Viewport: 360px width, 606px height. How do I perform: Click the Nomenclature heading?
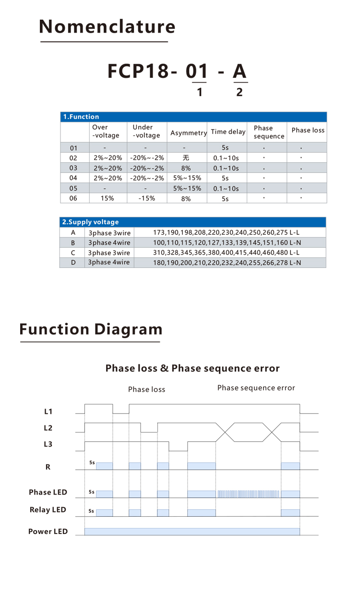107,27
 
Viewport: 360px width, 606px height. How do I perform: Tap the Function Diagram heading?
91,329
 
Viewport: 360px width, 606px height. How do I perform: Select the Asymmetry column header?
188,133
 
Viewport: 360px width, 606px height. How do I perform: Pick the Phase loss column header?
308,131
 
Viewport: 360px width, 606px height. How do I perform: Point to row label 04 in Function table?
73,178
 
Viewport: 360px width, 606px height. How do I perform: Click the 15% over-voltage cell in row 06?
107,198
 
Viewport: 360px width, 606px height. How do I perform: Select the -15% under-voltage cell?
146,198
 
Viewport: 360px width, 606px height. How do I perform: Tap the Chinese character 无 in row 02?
186,158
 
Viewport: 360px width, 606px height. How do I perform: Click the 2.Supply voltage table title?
91,222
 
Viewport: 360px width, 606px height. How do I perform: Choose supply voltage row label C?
73,253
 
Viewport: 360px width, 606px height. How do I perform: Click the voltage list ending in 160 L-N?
227,243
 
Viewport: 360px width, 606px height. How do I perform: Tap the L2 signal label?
48,428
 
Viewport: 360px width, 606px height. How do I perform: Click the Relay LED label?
48,510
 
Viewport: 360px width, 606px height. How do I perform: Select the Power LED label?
48,532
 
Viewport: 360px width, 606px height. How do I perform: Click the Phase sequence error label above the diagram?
256,388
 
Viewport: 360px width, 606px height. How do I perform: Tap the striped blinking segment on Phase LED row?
248,494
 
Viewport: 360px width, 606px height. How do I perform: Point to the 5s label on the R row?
92,462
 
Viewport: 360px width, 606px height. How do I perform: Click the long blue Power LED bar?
192,531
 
